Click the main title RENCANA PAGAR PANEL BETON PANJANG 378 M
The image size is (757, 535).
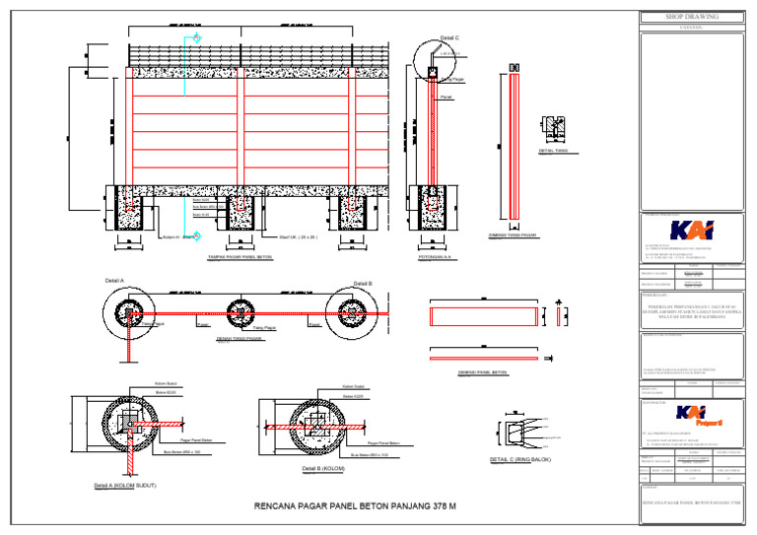tap(355, 506)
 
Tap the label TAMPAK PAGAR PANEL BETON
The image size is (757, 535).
tap(240, 257)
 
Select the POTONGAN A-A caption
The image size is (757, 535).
tap(435, 257)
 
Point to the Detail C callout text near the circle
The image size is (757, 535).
tap(448, 37)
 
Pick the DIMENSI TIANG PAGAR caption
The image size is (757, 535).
tap(514, 234)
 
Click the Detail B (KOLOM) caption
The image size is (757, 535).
tap(322, 468)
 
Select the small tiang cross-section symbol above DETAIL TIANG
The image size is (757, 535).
tap(552, 130)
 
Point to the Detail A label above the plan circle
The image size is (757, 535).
tap(114, 282)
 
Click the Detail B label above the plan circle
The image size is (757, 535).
tap(363, 283)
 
